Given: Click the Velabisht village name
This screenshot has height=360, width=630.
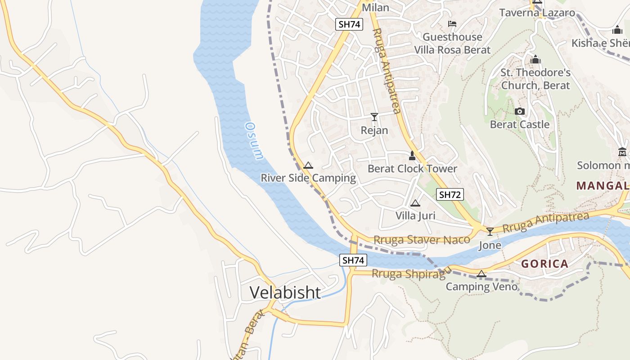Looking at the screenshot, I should pos(285,292).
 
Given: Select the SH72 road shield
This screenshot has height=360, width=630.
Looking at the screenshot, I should pos(450,194).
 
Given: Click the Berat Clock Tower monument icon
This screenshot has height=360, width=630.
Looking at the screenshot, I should pos(412,156).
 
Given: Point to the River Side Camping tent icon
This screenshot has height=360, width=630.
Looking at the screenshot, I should pos(308,165).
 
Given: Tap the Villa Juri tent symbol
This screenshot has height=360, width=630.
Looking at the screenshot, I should pos(415,203).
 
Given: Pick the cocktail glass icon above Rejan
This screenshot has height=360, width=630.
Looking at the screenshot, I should pos(374,117).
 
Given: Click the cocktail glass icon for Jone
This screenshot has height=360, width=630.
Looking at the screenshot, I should pos(490,231).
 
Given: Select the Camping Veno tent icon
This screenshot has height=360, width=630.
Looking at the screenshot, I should pos(481,274).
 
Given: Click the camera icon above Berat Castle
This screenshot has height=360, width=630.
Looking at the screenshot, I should pos(520,111).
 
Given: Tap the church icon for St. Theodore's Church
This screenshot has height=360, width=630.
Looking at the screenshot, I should pos(535,59).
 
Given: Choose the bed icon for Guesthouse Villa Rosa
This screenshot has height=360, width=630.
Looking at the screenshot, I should pos(452,24).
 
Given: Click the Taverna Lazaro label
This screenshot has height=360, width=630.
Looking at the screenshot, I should pos(537,13).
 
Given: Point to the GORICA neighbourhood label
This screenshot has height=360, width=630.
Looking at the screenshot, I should pos(544,264).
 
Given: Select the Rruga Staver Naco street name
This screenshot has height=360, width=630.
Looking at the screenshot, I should pos(422,240).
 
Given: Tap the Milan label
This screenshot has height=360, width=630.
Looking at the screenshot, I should pos(375,8).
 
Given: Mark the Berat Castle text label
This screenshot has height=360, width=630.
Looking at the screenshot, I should pos(520,124).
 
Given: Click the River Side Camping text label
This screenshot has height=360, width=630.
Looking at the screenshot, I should pos(308,178).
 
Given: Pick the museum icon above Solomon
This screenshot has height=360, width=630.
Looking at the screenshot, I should pos(623,152).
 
